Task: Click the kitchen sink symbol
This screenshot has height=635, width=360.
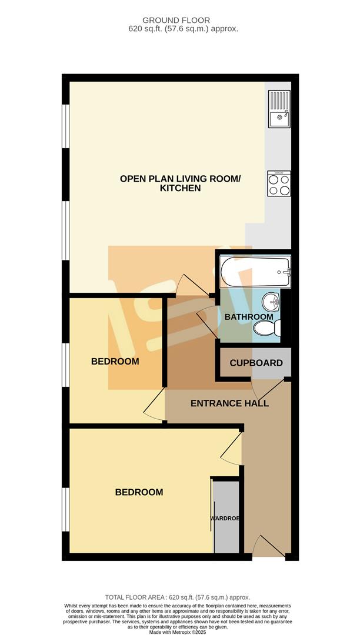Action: click(279, 109)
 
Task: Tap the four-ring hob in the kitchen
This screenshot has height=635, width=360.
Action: click(278, 183)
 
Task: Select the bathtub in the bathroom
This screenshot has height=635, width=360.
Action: click(255, 272)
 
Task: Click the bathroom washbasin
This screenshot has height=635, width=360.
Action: click(272, 302)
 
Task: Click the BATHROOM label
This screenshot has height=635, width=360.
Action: click(249, 317)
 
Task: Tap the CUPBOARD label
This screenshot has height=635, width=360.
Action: click(256, 363)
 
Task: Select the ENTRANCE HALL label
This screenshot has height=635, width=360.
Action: click(229, 403)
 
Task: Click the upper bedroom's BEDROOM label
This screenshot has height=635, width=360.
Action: click(115, 361)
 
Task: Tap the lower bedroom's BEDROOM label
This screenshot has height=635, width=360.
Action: click(139, 492)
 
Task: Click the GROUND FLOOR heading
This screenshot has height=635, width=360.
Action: click(180, 20)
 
